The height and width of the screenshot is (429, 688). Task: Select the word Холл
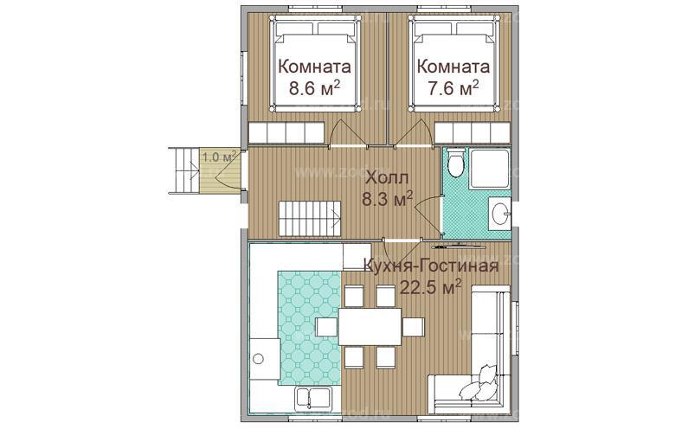(387, 178)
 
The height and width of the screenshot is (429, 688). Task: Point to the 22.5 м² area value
(430, 287)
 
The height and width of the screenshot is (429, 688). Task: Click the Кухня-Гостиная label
(431, 266)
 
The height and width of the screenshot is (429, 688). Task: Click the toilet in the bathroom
(455, 163)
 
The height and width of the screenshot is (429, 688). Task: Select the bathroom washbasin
(500, 213)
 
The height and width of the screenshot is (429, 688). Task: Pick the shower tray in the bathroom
(489, 169)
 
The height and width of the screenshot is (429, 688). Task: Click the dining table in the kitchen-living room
(370, 327)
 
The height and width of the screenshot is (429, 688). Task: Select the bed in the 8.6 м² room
(316, 64)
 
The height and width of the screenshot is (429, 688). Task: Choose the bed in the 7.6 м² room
(453, 64)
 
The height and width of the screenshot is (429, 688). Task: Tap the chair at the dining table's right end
(414, 327)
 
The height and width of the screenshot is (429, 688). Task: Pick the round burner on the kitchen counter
(258, 359)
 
